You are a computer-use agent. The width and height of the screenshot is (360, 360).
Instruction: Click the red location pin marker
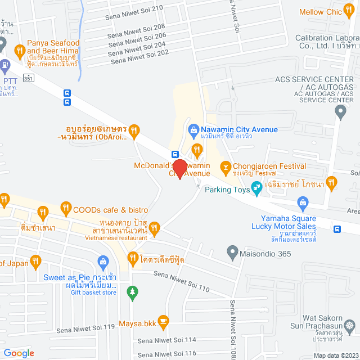(x=179, y=169)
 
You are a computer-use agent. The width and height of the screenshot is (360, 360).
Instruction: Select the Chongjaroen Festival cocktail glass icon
(x=226, y=166)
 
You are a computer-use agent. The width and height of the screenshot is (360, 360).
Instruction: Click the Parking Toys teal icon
(x=257, y=189)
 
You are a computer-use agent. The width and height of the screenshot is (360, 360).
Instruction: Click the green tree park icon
(x=132, y=291)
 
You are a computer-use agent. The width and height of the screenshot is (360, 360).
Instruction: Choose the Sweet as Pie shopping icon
(x=103, y=262)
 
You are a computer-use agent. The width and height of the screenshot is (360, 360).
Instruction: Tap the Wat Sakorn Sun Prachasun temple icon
(x=350, y=326)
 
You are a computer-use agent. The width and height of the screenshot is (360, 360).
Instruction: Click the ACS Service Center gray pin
(x=340, y=112)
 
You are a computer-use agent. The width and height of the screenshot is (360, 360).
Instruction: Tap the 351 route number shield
(x=28, y=78)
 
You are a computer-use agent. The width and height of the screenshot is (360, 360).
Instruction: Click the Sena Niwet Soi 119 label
(x=93, y=327)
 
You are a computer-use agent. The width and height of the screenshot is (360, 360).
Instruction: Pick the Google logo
(x=19, y=353)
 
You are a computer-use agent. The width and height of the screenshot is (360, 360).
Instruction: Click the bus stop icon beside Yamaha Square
(x=337, y=229)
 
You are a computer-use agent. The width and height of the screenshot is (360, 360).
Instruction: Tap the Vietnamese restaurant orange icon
(x=155, y=228)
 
